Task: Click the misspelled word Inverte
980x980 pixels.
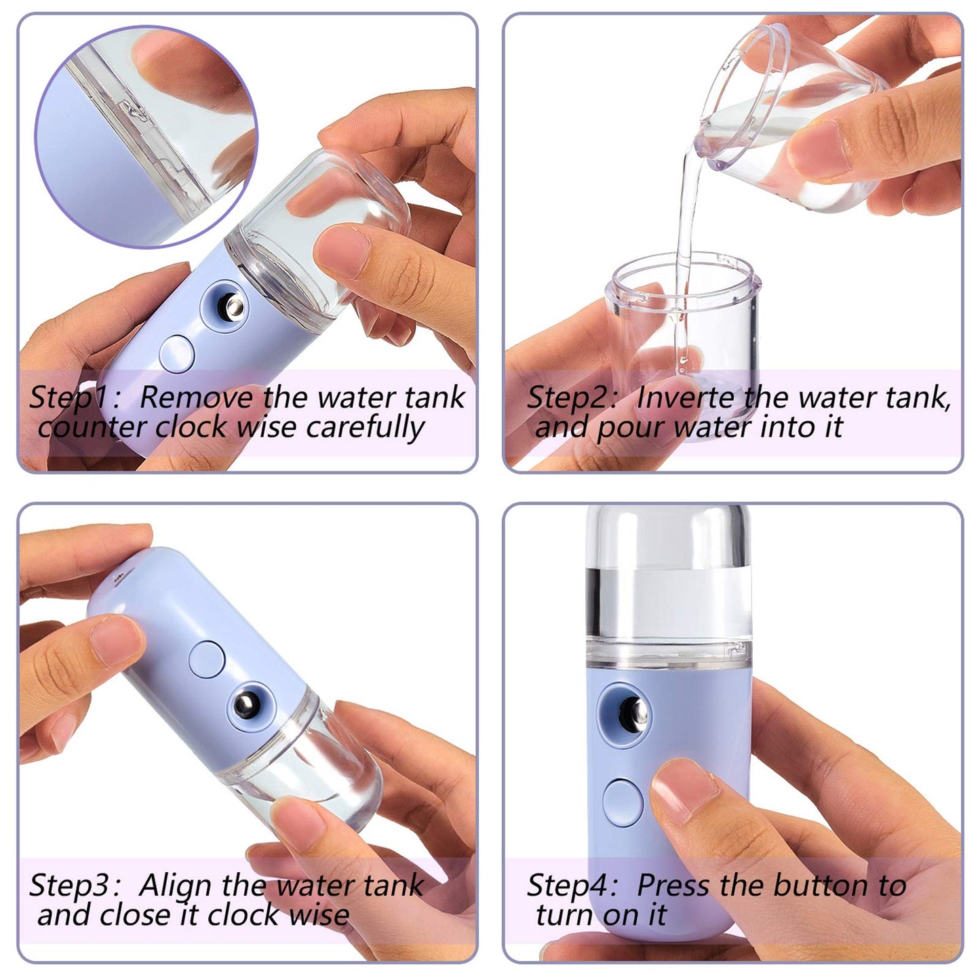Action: click(686, 398)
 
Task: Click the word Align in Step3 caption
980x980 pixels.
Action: click(176, 886)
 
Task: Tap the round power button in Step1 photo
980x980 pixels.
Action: click(177, 353)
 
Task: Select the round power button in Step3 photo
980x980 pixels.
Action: click(207, 658)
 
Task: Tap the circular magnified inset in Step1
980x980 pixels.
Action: click(146, 136)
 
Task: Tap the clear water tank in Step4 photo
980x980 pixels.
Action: click(668, 583)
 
